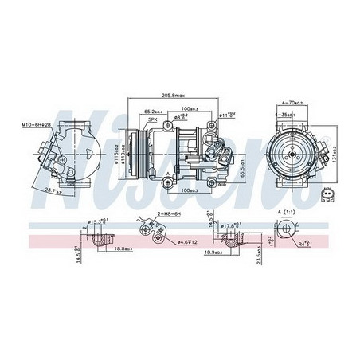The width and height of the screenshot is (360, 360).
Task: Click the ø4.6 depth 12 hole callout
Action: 190,240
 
